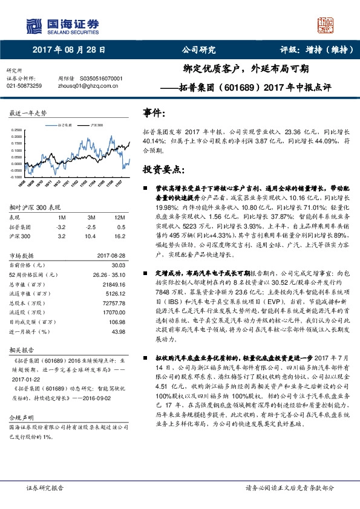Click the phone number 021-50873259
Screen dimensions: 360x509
pyautogui.click(x=24, y=86)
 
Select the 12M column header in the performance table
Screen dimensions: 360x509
pyautogui.click(x=119, y=217)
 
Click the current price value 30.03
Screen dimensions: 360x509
pyautogui.click(x=118, y=265)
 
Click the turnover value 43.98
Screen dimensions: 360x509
pyautogui.click(x=118, y=332)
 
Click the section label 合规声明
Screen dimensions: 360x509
pyautogui.click(x=19, y=418)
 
